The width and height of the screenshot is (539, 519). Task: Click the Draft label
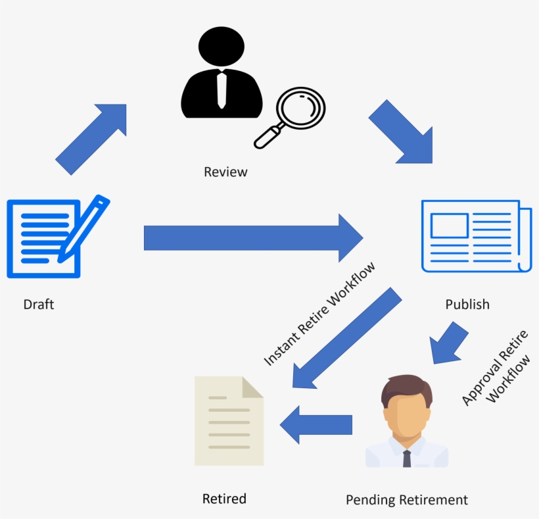click(x=39, y=305)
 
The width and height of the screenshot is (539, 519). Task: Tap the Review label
click(x=225, y=172)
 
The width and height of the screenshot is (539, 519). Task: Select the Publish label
click(x=467, y=305)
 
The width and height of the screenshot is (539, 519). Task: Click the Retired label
click(x=224, y=499)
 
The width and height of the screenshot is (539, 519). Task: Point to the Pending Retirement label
click(x=407, y=500)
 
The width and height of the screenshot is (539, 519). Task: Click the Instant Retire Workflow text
click(x=319, y=314)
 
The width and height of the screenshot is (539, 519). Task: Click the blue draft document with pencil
click(x=53, y=237)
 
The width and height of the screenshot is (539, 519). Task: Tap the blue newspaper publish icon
click(x=475, y=235)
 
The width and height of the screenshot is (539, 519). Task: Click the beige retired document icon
click(x=229, y=422)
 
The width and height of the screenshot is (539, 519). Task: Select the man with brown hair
click(x=407, y=421)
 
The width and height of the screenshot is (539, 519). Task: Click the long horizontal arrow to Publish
click(x=253, y=237)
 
